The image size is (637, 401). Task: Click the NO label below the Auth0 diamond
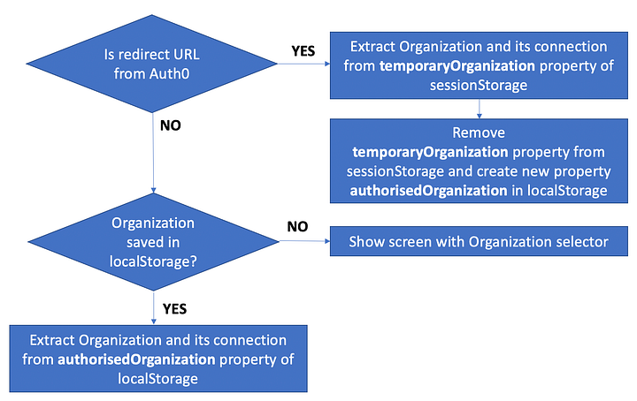(x=171, y=125)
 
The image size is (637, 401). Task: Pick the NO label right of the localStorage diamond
(x=297, y=227)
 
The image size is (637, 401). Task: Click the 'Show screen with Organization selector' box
(x=479, y=241)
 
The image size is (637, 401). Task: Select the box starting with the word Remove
(x=479, y=161)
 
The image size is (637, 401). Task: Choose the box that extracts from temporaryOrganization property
(x=479, y=66)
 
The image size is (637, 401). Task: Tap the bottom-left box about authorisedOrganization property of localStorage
(x=158, y=359)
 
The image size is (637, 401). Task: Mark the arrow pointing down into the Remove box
(x=479, y=109)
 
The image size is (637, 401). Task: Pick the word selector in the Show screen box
(x=581, y=241)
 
